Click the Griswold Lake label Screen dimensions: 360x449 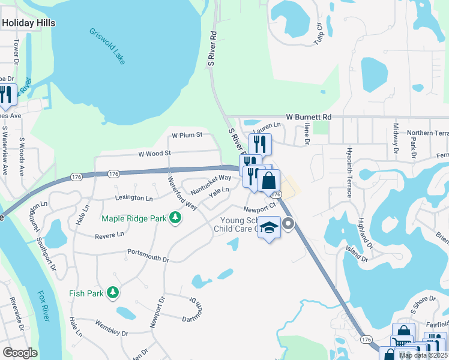point(107,46)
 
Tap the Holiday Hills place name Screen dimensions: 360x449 point(28,23)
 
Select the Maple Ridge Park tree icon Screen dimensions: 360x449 point(175,217)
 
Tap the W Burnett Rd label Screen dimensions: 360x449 point(309,116)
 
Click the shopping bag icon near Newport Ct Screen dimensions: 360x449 point(270,180)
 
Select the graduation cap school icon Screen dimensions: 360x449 point(270,227)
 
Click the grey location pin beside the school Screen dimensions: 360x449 point(288,224)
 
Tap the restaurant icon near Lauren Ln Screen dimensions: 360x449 point(259,143)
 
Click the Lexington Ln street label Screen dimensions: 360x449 point(133,197)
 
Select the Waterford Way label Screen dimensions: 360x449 point(182,192)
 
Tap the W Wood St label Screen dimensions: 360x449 point(155,154)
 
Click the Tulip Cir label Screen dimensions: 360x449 point(319,34)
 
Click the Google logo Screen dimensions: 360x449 point(20,353)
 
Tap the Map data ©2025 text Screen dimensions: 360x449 point(423,355)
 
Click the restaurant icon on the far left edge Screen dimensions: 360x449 point(6,95)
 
